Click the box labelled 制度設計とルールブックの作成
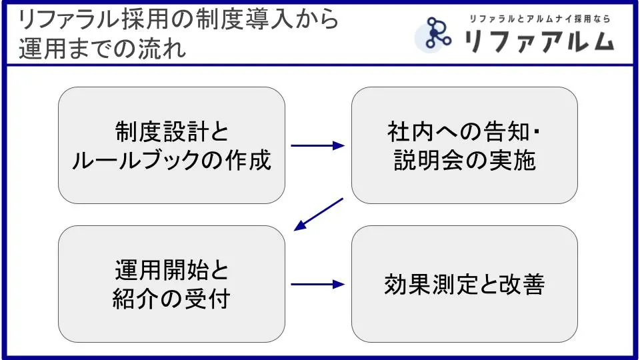(x=171, y=145)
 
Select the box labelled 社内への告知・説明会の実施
(x=465, y=145)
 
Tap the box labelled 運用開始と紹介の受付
(x=171, y=284)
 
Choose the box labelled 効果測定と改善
(x=465, y=284)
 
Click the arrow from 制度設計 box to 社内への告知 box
(x=318, y=145)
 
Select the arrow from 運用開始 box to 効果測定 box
(x=318, y=285)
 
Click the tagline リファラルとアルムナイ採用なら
(x=539, y=19)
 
